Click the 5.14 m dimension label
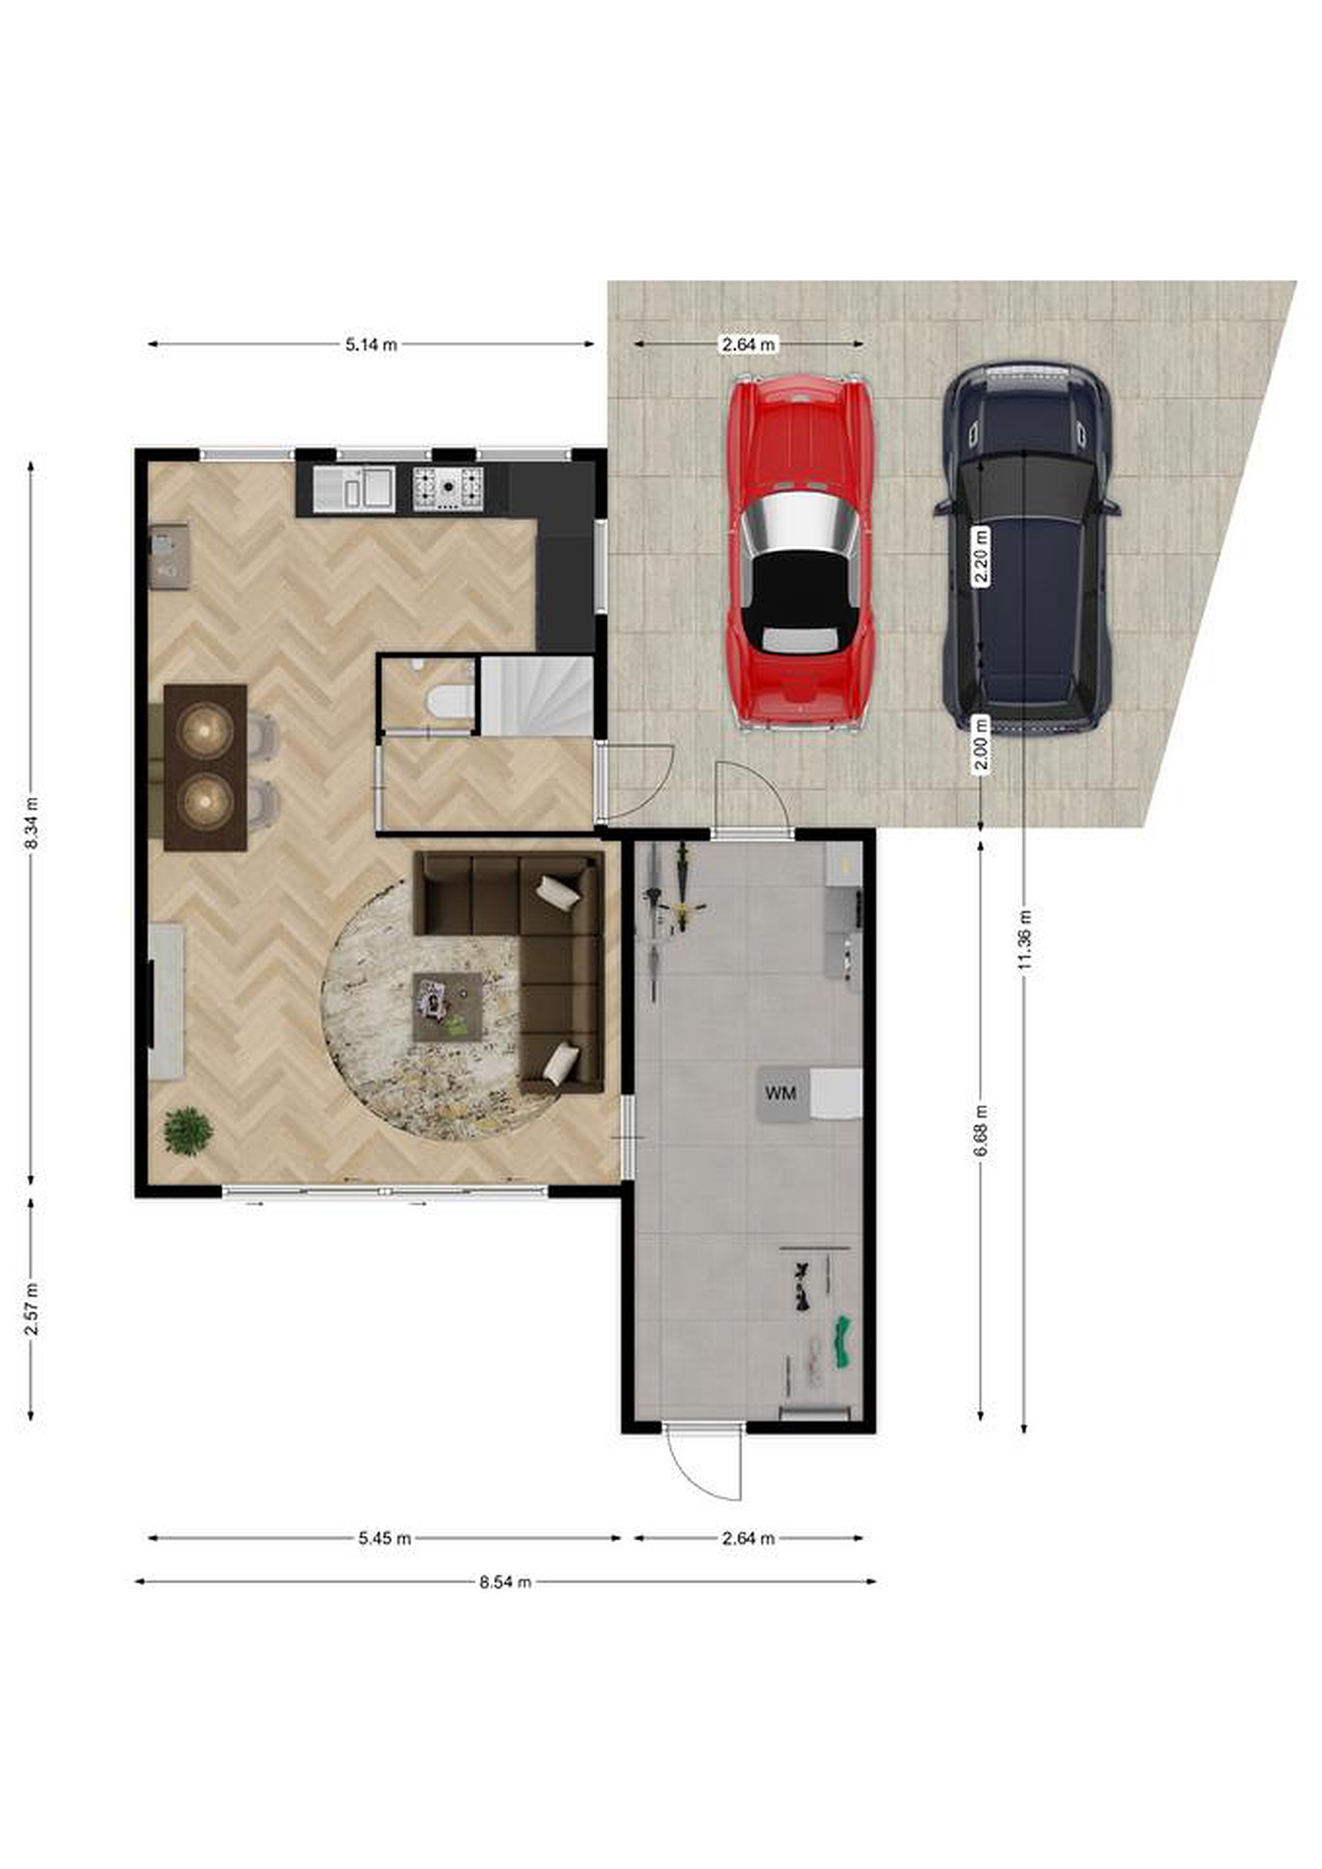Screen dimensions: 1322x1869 (x=371, y=345)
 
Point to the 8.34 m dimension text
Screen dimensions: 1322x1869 (x=32, y=822)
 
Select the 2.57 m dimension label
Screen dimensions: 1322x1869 (x=32, y=1308)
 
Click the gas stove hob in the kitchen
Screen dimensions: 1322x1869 (x=448, y=489)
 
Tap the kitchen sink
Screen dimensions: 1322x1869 (x=354, y=489)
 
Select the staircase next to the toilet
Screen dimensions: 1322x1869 (x=537, y=695)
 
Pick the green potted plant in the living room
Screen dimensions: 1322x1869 (x=188, y=1130)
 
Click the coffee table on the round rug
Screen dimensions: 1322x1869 (x=447, y=1007)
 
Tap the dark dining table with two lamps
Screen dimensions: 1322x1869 (x=205, y=768)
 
